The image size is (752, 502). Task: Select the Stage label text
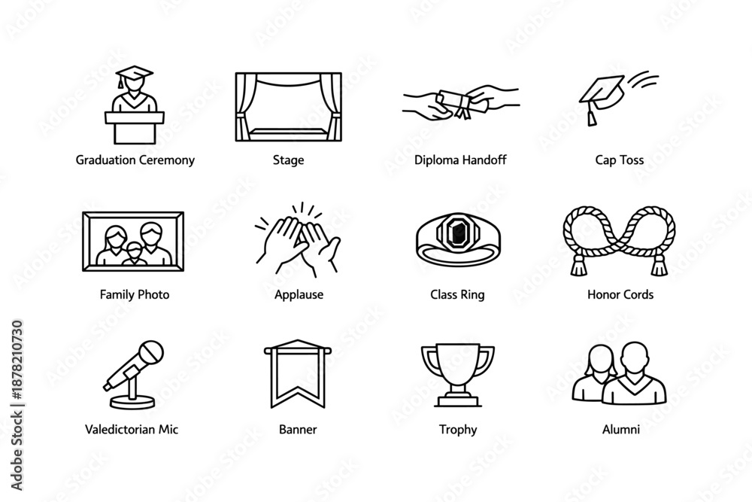pyautogui.click(x=288, y=160)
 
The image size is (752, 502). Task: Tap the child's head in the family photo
pyautogui.click(x=133, y=247)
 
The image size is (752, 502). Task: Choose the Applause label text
pyautogui.click(x=299, y=294)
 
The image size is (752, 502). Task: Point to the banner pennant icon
pyautogui.click(x=299, y=373)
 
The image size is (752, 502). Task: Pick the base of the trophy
pyautogui.click(x=457, y=398)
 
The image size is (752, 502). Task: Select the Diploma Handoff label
pyautogui.click(x=460, y=160)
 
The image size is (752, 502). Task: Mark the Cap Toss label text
pyautogui.click(x=619, y=160)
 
